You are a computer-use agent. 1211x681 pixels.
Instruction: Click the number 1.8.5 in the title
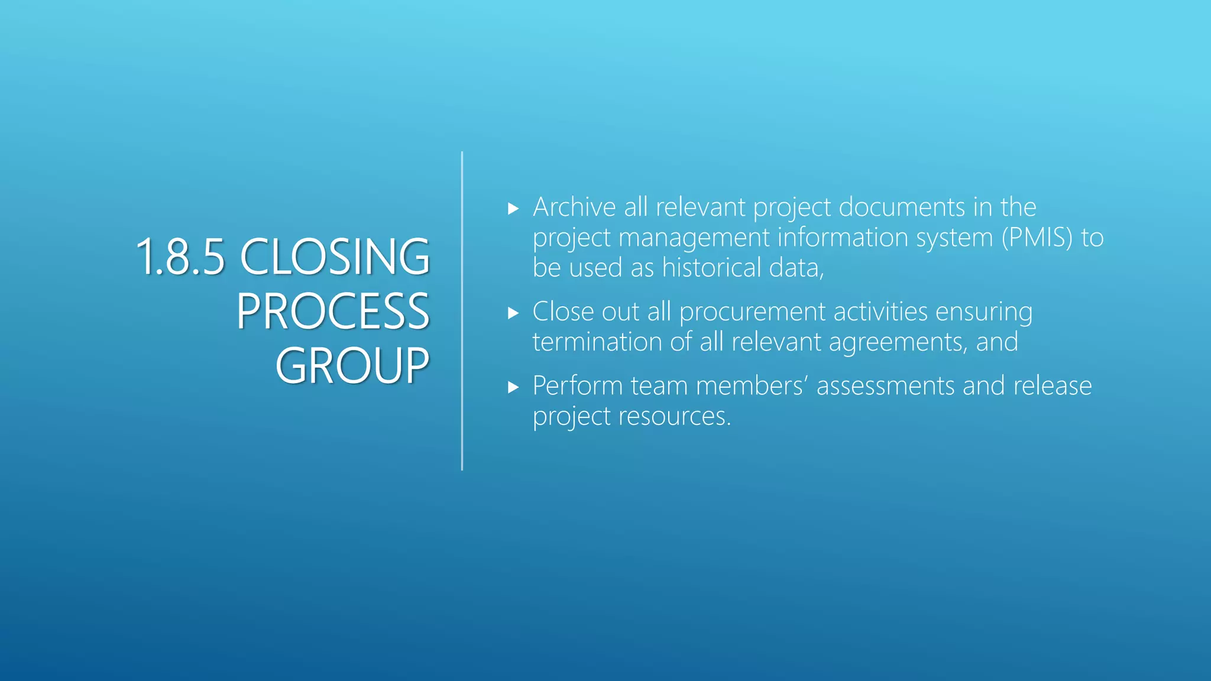180,257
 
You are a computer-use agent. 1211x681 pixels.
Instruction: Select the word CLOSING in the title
335,257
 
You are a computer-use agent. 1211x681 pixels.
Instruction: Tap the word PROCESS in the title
333,312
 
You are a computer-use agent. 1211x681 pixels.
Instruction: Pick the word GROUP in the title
352,366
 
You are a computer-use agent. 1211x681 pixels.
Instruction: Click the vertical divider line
462,311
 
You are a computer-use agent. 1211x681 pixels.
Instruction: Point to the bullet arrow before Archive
513,209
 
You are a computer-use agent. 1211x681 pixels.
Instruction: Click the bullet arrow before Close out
513,313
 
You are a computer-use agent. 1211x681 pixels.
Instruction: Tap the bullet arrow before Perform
513,388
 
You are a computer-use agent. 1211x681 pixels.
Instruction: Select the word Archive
574,207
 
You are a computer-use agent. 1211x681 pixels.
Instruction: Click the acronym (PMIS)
1037,238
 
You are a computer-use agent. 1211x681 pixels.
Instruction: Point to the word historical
711,268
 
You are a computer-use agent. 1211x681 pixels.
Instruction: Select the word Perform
577,386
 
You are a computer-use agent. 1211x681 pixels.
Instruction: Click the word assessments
885,386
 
